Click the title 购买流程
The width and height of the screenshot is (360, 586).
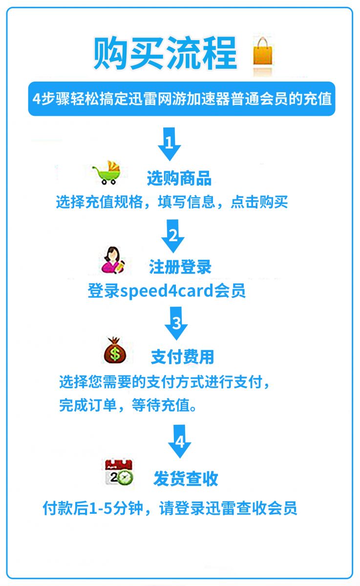166,53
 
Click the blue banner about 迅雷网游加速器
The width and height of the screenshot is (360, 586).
182,99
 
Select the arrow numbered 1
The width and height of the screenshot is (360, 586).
169,144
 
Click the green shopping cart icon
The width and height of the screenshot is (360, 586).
107,172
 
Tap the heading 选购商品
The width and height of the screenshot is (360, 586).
179,178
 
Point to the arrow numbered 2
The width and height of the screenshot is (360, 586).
173,236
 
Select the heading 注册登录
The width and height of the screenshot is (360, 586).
180,267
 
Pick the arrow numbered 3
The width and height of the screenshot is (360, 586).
176,323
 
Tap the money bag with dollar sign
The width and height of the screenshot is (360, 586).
115,350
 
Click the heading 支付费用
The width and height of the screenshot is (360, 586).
183,357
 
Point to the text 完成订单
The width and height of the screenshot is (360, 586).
88,405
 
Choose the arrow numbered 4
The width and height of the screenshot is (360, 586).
179,441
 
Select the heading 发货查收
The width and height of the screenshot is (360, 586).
186,479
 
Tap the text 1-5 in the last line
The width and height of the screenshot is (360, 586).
101,508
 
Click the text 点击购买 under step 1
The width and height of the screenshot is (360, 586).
259,202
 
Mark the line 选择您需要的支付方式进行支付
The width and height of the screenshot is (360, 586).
161,382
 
